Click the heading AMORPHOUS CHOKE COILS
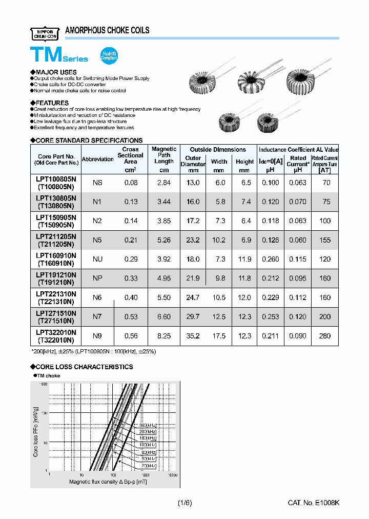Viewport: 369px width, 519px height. pos(107,31)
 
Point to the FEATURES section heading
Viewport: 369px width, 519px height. pos(52,103)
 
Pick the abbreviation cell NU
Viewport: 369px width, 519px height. pos(97,259)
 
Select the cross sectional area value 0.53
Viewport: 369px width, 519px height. pos(131,317)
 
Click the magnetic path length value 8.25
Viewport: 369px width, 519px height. pos(164,336)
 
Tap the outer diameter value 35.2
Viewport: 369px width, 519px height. pos(193,336)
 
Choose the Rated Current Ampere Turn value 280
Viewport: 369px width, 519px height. pos(325,336)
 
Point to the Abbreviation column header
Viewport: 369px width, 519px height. pos(98,159)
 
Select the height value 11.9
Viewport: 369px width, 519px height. pos(244,259)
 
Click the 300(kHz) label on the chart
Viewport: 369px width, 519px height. pos(147,426)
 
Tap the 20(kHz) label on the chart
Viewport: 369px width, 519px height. pos(148,465)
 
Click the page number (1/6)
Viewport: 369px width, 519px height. pos(184,503)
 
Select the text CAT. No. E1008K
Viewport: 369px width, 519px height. pos(313,503)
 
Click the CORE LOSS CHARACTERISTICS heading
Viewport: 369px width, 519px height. pos(84,367)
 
